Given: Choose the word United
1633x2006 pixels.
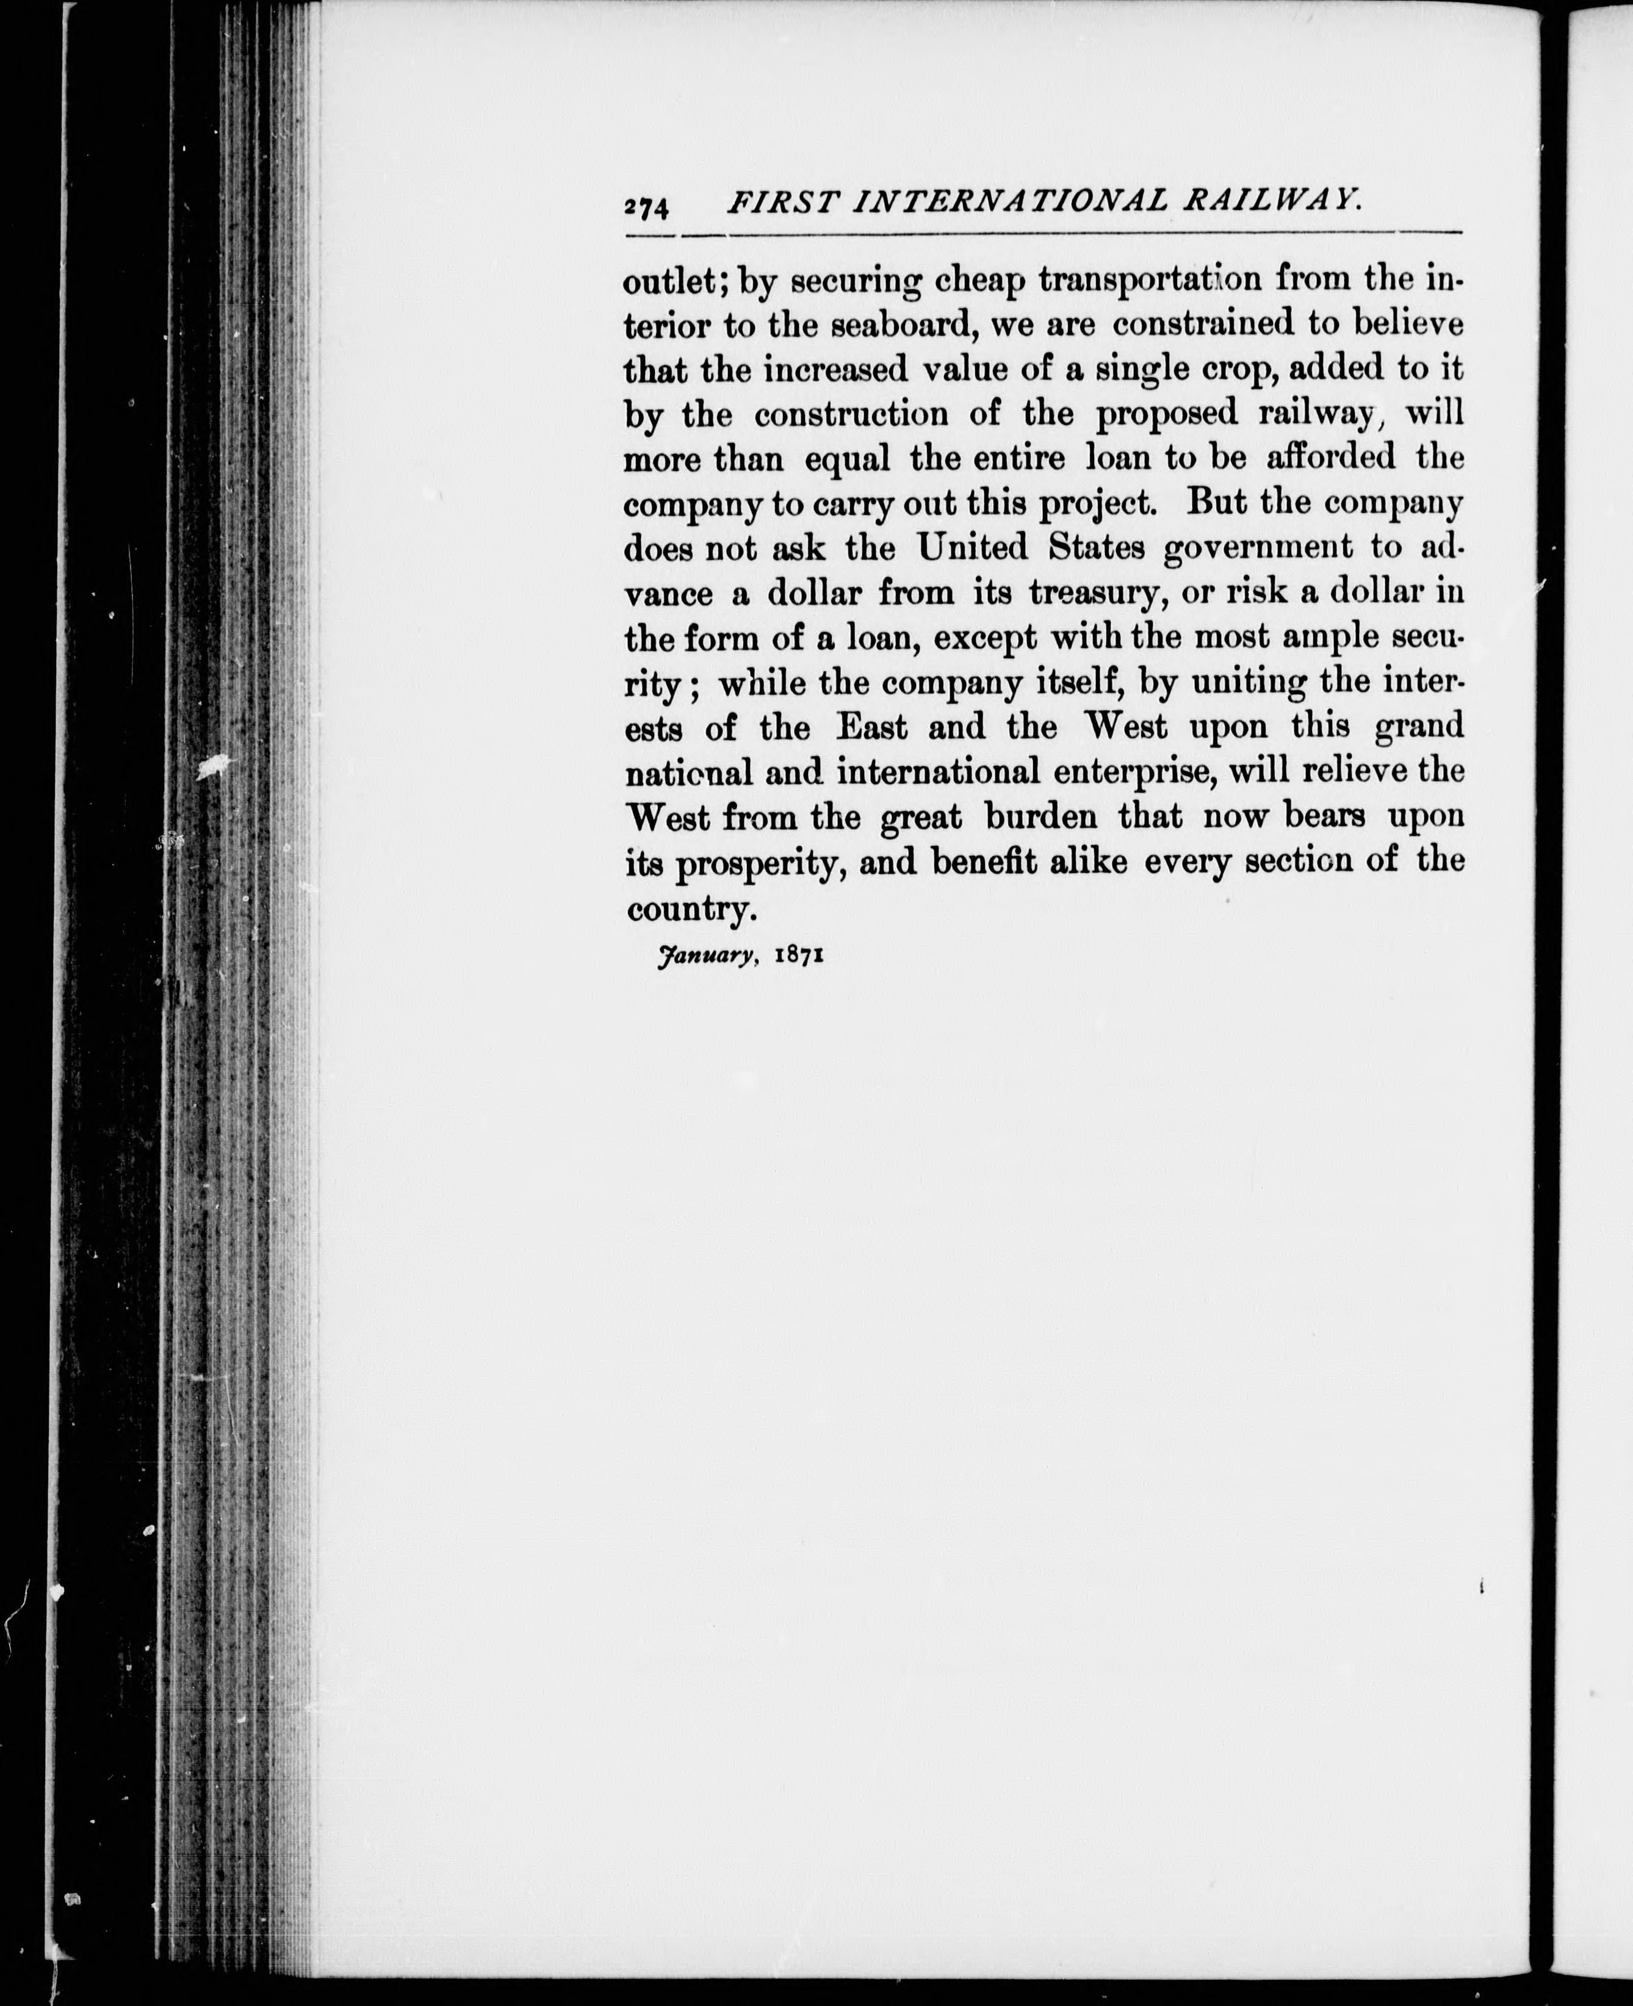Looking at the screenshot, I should tap(973, 547).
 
